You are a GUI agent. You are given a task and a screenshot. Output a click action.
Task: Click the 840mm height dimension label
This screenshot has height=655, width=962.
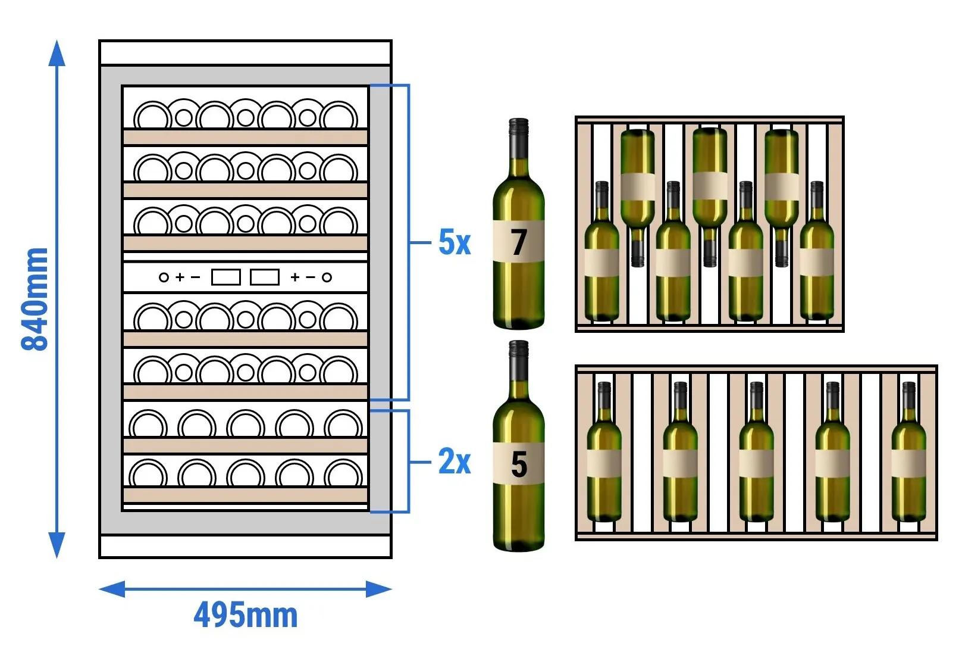click(x=35, y=299)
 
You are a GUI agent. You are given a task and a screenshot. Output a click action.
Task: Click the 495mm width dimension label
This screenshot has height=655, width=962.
click(x=246, y=615)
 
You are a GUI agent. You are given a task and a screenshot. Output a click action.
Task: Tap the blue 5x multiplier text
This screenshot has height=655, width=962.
click(x=455, y=242)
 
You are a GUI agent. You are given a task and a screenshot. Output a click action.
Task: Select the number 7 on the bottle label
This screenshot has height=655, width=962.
click(x=519, y=242)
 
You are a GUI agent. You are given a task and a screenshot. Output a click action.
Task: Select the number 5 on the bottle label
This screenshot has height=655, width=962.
click(x=519, y=464)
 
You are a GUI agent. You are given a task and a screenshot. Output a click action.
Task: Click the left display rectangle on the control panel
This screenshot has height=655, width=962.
click(x=226, y=277)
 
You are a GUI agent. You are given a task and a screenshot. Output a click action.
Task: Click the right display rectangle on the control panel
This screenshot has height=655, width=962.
click(x=265, y=277)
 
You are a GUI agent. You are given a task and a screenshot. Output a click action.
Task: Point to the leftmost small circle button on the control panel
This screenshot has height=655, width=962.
click(x=164, y=277)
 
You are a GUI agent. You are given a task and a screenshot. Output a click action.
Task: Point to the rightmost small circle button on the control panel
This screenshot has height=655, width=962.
click(x=327, y=277)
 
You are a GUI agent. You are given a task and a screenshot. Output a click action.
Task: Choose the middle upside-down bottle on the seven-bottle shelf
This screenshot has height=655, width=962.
click(x=710, y=197)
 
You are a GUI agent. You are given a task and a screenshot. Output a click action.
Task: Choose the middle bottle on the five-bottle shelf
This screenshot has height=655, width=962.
click(x=757, y=452)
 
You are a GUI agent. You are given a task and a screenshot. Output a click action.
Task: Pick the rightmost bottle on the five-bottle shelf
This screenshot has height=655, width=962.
click(x=908, y=452)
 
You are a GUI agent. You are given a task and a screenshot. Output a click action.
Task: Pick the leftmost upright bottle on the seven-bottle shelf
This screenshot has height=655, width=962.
click(x=602, y=251)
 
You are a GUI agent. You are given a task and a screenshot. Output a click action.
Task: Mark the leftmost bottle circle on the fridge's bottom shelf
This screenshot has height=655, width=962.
click(x=148, y=473)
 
